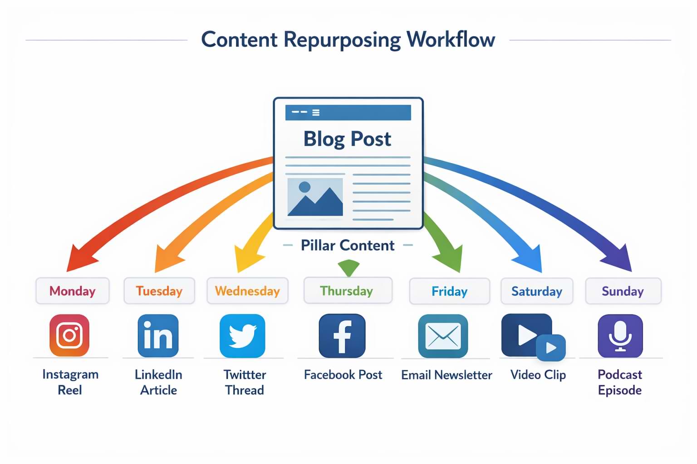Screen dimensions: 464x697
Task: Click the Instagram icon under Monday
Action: click(69, 335)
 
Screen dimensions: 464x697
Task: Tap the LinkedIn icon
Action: click(158, 336)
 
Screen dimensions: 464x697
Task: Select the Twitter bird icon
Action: click(242, 336)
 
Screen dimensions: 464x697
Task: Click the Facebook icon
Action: click(342, 336)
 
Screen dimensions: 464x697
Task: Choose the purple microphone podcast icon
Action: click(620, 336)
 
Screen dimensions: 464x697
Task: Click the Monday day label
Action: click(73, 291)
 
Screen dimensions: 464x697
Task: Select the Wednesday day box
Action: click(247, 291)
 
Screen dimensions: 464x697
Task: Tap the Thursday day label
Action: click(347, 291)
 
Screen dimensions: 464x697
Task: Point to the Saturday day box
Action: click(537, 291)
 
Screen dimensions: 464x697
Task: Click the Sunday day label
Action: click(623, 291)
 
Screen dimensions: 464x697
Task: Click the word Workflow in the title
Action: click(451, 39)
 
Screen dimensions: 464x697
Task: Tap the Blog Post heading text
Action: click(347, 139)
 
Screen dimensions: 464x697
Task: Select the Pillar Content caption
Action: click(348, 246)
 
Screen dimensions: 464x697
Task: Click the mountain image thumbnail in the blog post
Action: click(315, 197)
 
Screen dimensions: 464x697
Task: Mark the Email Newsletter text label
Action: click(447, 375)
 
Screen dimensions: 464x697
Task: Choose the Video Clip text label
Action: click(538, 375)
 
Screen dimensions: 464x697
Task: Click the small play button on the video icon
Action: click(551, 348)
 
